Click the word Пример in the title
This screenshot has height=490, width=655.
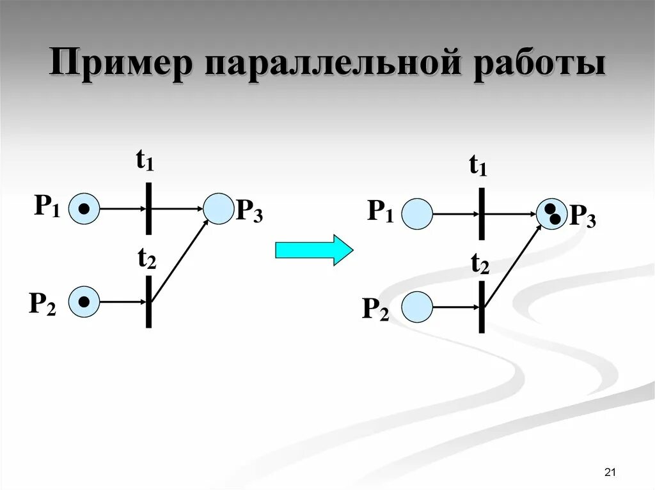120,66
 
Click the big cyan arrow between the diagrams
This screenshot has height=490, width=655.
313,249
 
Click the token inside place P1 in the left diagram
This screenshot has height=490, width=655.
84,209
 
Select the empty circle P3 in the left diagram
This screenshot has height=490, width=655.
218,209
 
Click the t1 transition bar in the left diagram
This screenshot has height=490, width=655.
148,208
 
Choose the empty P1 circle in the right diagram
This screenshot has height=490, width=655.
418,213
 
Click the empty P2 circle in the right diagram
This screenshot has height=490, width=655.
417,307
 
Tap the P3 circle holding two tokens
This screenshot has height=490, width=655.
551,213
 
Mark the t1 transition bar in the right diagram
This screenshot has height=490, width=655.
482,213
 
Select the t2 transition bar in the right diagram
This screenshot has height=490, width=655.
482,307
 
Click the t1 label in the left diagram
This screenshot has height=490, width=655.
145,162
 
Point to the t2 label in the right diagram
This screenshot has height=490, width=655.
480,263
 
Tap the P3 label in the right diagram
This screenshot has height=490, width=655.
583,217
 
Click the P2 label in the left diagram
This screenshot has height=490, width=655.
42,303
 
